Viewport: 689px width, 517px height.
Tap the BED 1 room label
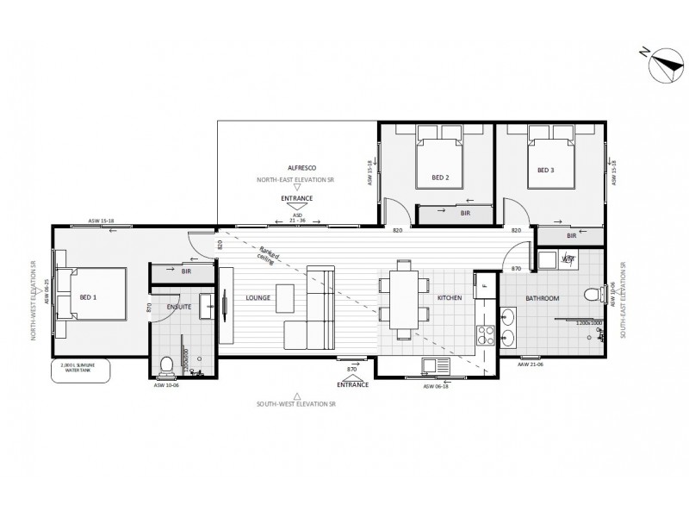point(88,297)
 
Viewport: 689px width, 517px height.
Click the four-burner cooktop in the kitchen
point(484,331)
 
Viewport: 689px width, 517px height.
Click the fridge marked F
point(485,285)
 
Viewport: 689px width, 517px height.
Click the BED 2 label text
point(441,179)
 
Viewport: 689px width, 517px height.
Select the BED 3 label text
point(545,171)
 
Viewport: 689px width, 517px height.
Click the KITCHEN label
point(450,298)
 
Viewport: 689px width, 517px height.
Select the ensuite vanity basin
point(208,304)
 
